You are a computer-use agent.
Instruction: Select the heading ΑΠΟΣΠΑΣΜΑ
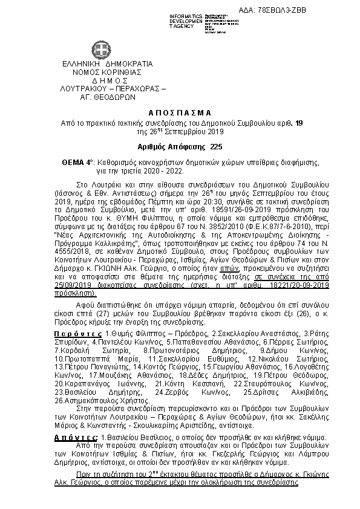click(180, 113)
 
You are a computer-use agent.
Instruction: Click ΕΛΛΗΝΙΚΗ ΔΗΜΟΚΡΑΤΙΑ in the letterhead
click(99, 64)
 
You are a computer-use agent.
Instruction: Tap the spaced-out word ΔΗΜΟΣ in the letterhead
click(101, 80)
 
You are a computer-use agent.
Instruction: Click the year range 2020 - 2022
click(150, 171)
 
